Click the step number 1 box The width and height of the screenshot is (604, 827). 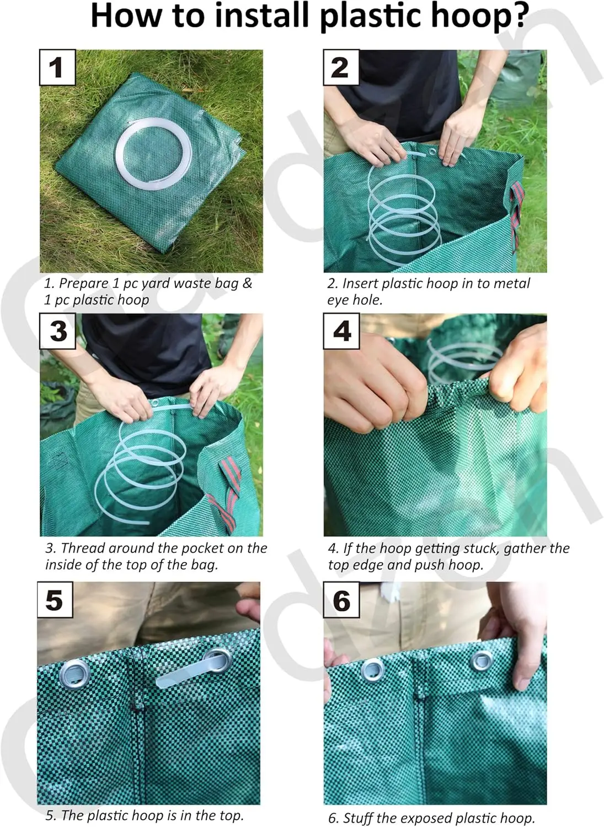[x=57, y=68]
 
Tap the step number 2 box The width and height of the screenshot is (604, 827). [x=341, y=68]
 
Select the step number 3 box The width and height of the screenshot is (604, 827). [x=57, y=331]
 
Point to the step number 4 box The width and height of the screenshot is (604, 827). [x=341, y=331]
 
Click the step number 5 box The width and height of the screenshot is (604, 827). [x=55, y=600]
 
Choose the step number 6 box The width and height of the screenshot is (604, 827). [x=341, y=600]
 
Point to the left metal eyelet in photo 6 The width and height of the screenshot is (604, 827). [x=372, y=669]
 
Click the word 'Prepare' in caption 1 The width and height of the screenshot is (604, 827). [x=83, y=284]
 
